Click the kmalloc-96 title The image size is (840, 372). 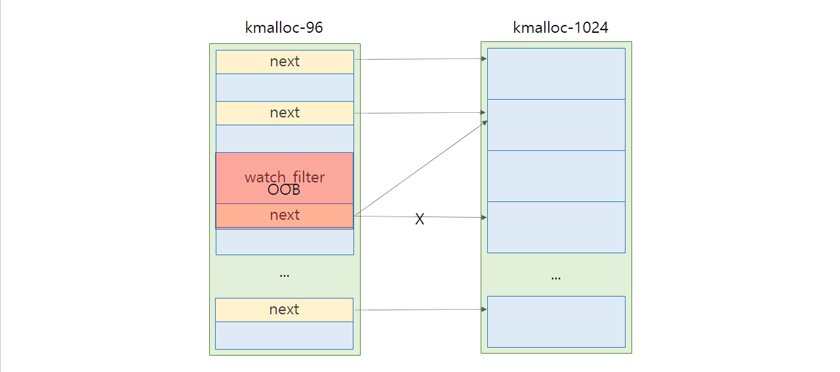tap(284, 28)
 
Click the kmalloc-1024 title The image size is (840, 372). tap(560, 28)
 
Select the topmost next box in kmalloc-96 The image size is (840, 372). tap(285, 62)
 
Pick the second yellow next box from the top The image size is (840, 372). tap(285, 113)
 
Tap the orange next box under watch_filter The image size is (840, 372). tap(285, 215)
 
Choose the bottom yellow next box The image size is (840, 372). tap(284, 310)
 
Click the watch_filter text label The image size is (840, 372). tap(285, 177)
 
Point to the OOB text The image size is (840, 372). tap(284, 190)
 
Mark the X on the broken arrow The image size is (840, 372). tap(420, 219)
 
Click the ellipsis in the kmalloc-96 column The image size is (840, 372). tap(284, 276)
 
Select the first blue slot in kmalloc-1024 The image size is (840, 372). tap(556, 73)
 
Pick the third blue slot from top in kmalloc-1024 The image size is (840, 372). tap(556, 176)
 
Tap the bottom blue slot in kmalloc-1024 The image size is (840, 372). tap(556, 321)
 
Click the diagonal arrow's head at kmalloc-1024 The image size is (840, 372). tap(485, 123)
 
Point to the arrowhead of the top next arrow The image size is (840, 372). tap(484, 58)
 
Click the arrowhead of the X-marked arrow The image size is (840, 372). tap(484, 217)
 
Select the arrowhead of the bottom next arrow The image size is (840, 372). tap(484, 309)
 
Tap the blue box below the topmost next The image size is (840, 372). tap(285, 87)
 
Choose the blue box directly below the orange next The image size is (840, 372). tap(285, 241)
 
